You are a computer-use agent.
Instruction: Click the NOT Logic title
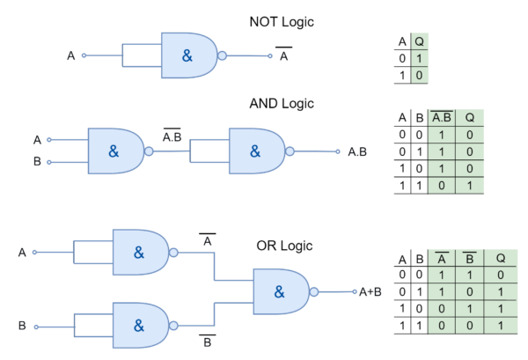282,22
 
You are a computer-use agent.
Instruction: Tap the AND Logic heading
282,104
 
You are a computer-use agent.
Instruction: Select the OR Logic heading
284,246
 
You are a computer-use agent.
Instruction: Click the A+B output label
370,292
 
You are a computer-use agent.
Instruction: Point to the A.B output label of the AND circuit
357,152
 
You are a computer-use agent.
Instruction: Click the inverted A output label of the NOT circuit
284,55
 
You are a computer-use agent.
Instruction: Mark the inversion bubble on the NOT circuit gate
223,55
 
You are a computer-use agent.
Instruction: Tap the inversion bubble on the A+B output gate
314,292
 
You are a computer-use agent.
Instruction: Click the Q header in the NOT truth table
419,41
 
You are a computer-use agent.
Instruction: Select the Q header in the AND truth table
470,118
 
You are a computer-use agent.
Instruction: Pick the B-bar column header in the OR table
469,258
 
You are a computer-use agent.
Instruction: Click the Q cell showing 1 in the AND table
470,186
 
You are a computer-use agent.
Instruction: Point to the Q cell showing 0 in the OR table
501,275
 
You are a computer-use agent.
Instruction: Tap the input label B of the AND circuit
37,162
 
